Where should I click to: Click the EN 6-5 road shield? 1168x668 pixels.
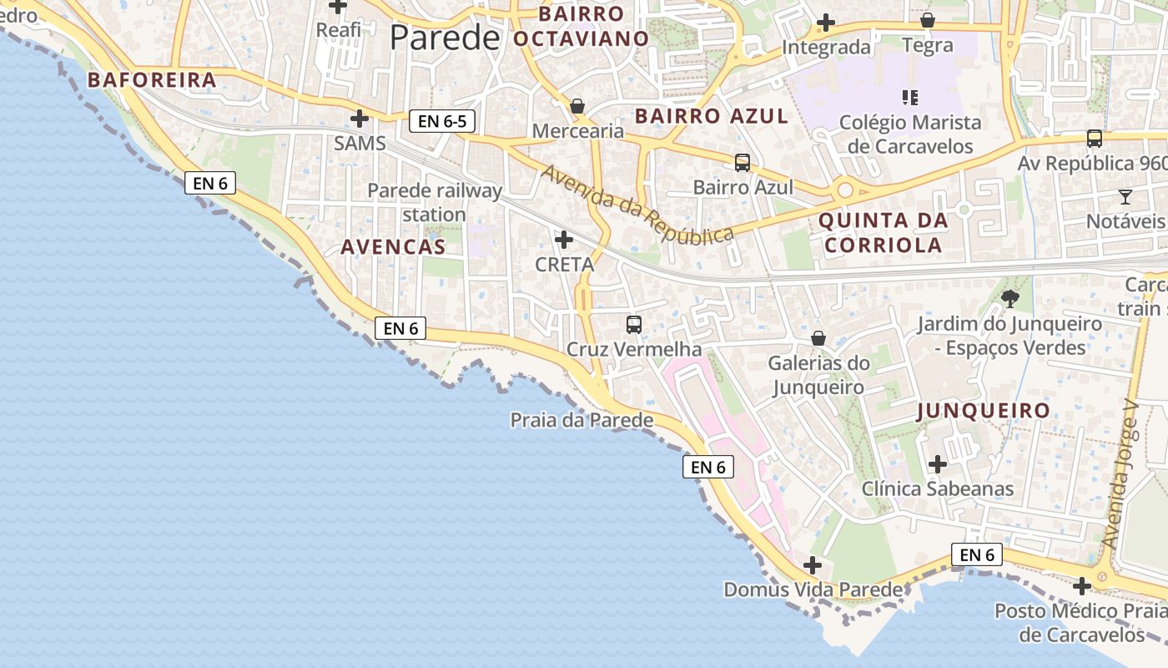[442, 121]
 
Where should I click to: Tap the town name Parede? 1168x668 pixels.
[444, 38]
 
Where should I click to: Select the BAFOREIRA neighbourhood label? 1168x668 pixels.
[152, 80]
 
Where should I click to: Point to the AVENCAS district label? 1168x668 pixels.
[393, 246]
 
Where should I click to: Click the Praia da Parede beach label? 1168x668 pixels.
[581, 420]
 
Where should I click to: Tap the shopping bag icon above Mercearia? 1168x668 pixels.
[576, 106]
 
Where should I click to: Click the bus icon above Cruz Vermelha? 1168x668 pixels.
[634, 324]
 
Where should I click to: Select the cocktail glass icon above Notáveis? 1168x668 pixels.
[1125, 197]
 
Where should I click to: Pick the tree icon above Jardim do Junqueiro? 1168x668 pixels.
[1009, 298]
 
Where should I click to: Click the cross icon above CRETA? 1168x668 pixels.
[564, 240]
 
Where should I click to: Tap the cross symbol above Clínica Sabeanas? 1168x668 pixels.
[938, 463]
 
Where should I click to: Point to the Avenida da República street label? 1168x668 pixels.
[638, 205]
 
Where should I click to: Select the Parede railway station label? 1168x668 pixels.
[435, 202]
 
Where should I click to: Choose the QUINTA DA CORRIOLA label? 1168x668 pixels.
[883, 233]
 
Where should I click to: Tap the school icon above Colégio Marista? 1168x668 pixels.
[910, 98]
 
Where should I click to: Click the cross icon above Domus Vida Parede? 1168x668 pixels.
[812, 565]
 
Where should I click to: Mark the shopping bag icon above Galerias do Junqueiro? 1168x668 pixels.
[818, 338]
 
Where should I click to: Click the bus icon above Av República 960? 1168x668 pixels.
[1094, 139]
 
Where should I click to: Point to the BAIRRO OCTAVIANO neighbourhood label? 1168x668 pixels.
[581, 26]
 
